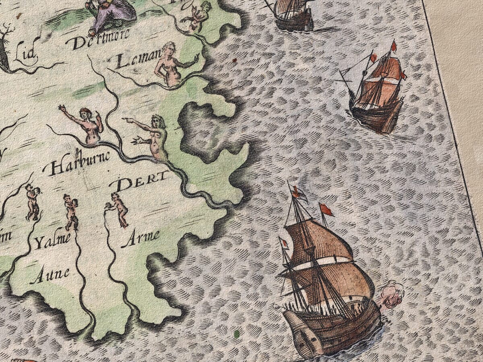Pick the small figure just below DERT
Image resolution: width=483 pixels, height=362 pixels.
click(x=119, y=209)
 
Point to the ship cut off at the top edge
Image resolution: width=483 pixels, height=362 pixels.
click(x=294, y=14)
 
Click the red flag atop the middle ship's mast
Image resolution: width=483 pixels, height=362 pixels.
click(x=394, y=45)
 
